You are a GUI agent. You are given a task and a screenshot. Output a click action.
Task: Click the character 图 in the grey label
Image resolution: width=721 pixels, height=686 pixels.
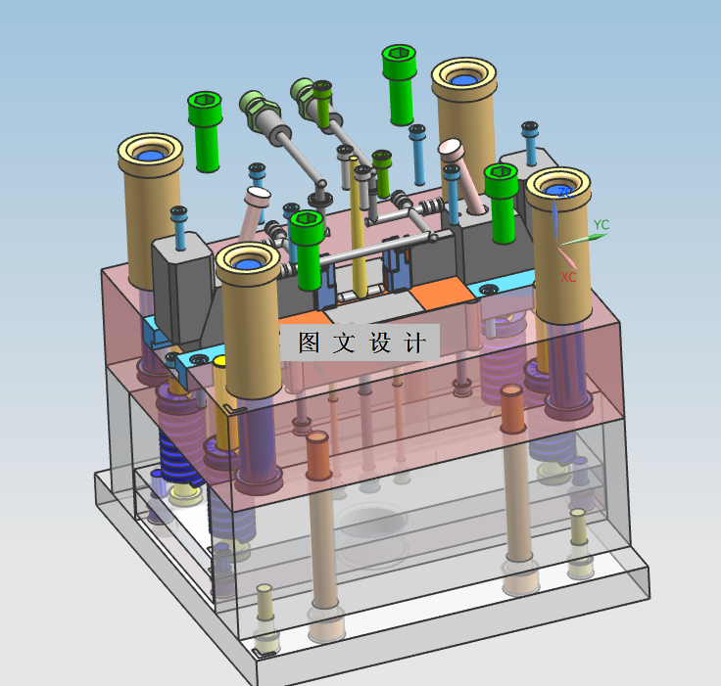point(309,343)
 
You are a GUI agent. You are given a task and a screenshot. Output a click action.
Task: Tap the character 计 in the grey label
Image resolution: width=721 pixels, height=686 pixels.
point(414,343)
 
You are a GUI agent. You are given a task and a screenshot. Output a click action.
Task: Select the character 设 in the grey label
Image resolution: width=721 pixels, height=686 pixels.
point(380,343)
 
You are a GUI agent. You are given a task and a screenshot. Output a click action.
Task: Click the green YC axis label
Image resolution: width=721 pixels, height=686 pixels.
point(601,225)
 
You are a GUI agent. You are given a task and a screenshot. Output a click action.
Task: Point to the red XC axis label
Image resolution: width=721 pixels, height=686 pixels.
point(568,277)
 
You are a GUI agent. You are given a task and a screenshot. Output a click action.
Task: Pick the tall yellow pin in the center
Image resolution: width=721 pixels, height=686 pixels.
point(359,226)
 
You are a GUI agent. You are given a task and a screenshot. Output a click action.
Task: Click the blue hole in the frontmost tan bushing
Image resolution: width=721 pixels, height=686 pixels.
point(247,264)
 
